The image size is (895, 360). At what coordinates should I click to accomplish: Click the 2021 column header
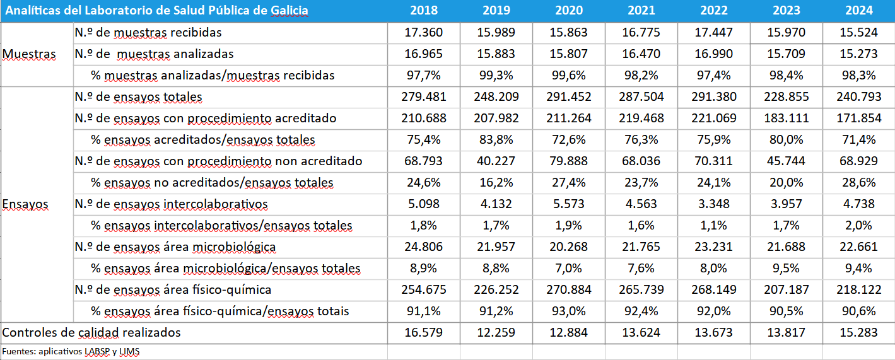pyautogui.click(x=641, y=11)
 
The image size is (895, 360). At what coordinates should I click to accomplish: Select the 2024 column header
pyautogui.click(x=858, y=11)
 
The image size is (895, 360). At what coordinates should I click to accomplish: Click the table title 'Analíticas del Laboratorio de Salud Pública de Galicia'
pyautogui.click(x=157, y=11)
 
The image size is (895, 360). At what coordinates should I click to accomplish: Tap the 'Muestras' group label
pyautogui.click(x=29, y=54)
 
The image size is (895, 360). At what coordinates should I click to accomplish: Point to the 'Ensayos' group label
pyautogui.click(x=25, y=204)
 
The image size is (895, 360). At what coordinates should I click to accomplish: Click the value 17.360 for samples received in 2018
pyautogui.click(x=423, y=32)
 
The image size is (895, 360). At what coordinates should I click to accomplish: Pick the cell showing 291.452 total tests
pyautogui.click(x=568, y=96)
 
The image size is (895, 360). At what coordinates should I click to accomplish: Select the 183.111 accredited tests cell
pyautogui.click(x=786, y=118)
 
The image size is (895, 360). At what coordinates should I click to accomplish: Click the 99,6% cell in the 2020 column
pyautogui.click(x=568, y=75)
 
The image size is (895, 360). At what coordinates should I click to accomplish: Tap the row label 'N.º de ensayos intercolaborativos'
pyautogui.click(x=171, y=204)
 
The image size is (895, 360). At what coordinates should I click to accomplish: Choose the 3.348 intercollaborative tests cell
pyautogui.click(x=713, y=204)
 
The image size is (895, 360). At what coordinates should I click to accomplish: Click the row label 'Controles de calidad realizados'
pyautogui.click(x=91, y=332)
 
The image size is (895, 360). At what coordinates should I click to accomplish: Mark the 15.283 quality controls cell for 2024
pyautogui.click(x=858, y=332)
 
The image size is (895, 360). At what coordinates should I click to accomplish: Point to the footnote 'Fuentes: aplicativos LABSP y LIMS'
pyautogui.click(x=70, y=352)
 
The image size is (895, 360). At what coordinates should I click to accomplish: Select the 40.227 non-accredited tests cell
pyautogui.click(x=496, y=161)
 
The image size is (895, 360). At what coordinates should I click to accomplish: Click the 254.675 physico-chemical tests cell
pyautogui.click(x=423, y=289)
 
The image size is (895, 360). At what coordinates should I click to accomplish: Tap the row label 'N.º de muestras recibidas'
pyautogui.click(x=148, y=32)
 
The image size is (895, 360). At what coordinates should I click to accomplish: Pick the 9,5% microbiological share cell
pyautogui.click(x=786, y=269)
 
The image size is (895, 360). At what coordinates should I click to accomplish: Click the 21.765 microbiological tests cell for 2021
pyautogui.click(x=641, y=247)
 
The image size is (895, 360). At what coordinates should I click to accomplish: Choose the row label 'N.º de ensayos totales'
pyautogui.click(x=138, y=96)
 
